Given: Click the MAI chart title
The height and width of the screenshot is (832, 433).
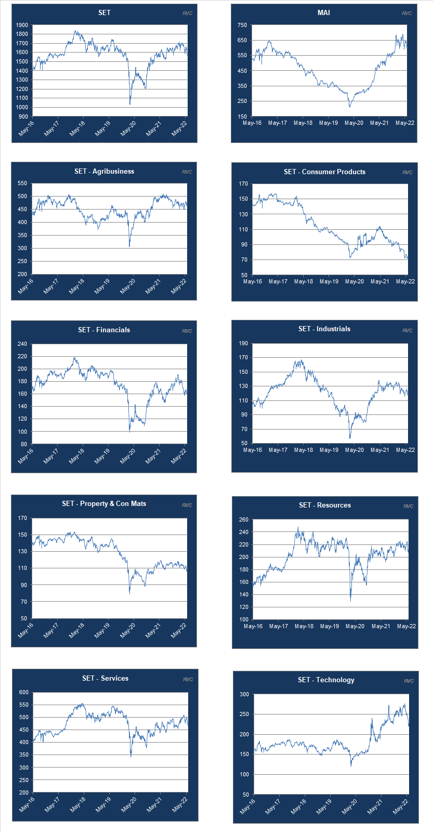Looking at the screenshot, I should click(323, 12).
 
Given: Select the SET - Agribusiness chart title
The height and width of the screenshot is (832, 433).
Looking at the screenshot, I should click(104, 171).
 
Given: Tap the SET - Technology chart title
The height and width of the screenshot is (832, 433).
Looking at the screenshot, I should click(326, 680).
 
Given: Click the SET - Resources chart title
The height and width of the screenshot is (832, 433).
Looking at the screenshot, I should click(325, 505).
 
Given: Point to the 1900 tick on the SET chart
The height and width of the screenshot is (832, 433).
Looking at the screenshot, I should click(22, 25).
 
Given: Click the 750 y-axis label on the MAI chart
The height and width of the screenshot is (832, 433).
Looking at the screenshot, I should click(242, 25).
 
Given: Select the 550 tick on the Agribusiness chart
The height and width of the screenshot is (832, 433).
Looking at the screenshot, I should click(22, 184).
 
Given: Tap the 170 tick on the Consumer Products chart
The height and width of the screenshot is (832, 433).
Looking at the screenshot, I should click(243, 184).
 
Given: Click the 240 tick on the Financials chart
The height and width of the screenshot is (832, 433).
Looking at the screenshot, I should click(22, 344).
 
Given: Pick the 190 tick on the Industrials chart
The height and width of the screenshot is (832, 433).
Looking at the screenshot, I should click(243, 343).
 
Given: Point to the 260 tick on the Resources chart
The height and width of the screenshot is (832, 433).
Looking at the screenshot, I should click(243, 520).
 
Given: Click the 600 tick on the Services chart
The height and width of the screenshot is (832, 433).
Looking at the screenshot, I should click(24, 693).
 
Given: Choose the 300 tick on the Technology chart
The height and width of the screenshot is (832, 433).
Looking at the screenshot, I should click(244, 695).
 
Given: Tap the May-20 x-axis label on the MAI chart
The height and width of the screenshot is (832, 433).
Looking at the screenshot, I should click(354, 123).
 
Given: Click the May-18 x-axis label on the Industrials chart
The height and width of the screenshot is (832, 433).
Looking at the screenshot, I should click(304, 450).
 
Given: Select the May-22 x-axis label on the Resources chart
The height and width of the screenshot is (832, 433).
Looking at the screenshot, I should click(406, 627).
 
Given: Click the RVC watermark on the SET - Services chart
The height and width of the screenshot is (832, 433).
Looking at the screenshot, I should click(188, 680).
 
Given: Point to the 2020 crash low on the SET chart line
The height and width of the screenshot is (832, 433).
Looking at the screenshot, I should click(130, 104).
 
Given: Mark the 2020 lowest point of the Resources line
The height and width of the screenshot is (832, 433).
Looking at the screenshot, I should click(350, 601).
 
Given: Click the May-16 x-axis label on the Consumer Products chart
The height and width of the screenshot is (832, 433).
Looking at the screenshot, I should click(253, 282).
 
